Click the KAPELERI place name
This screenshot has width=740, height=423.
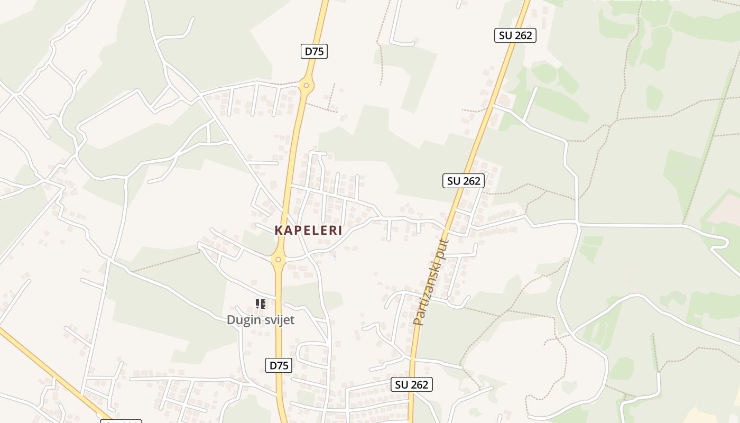308,231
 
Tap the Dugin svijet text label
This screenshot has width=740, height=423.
261,320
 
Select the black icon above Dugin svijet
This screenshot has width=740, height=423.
260,304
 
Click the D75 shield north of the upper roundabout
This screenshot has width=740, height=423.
314,51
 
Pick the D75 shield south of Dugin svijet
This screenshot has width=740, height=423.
279,365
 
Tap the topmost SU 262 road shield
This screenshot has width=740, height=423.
515,35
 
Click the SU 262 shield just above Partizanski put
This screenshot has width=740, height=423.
464,181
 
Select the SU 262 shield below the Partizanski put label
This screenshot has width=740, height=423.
412,384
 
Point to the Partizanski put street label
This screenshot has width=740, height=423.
431,282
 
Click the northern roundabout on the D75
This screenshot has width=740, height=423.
306,85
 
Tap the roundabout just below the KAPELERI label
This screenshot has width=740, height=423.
278,260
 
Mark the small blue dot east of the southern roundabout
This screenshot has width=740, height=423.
334,258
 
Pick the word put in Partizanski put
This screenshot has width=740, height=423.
443,251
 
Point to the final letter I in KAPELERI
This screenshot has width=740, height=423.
340,231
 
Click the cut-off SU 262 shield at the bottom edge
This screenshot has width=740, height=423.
121,421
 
